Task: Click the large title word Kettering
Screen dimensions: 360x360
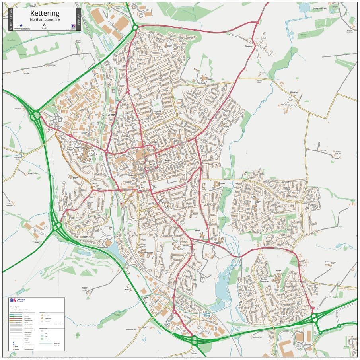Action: [x=45, y=13]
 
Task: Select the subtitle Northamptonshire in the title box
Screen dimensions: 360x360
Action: [x=45, y=19]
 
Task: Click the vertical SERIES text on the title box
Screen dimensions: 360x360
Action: [x=79, y=19]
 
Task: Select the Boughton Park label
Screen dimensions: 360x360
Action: [x=319, y=8]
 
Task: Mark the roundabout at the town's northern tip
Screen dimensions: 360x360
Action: [x=135, y=27]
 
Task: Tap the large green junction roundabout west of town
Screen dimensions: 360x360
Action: [x=36, y=116]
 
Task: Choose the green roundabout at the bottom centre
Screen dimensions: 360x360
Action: [x=194, y=340]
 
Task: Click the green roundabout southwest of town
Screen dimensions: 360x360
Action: [x=57, y=226]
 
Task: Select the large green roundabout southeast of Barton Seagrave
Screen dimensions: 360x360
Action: [x=314, y=318]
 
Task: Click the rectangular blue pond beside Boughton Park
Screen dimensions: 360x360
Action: [x=304, y=7]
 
